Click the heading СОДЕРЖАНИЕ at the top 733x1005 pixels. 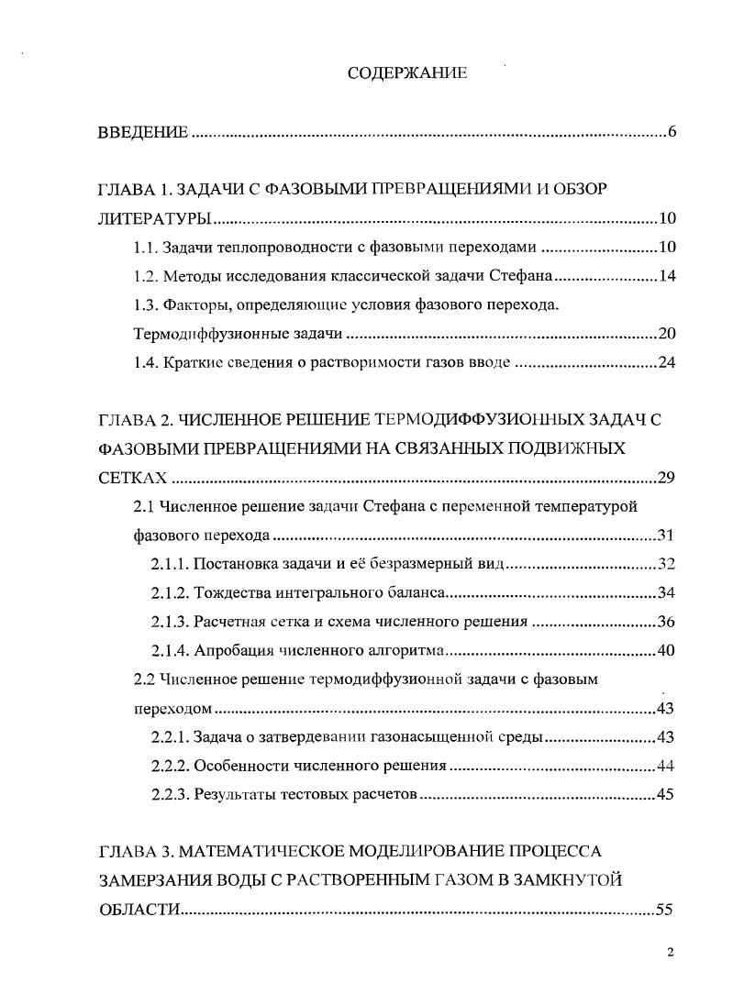(x=406, y=73)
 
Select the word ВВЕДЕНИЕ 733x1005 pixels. (x=143, y=133)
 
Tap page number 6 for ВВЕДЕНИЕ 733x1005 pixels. (x=672, y=133)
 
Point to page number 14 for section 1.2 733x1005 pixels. (x=666, y=276)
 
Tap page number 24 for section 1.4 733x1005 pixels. (x=666, y=362)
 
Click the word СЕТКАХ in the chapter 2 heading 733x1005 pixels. (x=133, y=478)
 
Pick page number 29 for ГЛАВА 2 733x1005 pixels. (x=666, y=478)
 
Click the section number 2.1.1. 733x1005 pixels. (x=170, y=564)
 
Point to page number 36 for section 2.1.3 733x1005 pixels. (x=666, y=622)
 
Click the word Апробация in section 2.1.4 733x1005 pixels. (x=231, y=651)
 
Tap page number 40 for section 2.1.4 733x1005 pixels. (x=666, y=651)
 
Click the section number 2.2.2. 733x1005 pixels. (x=170, y=766)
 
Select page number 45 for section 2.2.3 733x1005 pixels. (x=666, y=794)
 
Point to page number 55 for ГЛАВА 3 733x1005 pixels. (x=666, y=910)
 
